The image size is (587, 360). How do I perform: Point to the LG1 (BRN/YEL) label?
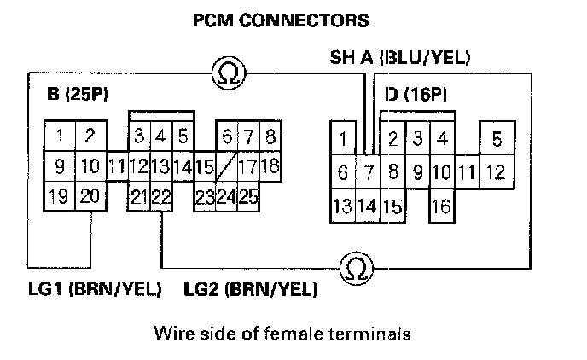(95, 289)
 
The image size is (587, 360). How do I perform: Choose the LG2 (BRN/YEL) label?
(251, 289)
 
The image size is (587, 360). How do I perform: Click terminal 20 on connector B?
(89, 198)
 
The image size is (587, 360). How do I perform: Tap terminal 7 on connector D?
(368, 172)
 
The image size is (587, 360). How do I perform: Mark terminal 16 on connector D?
(441, 206)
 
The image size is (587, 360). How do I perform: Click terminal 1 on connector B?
(59, 135)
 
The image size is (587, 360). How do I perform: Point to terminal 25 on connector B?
(247, 198)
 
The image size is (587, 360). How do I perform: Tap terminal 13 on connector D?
(343, 206)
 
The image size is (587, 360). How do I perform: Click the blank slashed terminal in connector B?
(226, 166)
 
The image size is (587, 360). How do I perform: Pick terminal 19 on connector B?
(59, 198)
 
